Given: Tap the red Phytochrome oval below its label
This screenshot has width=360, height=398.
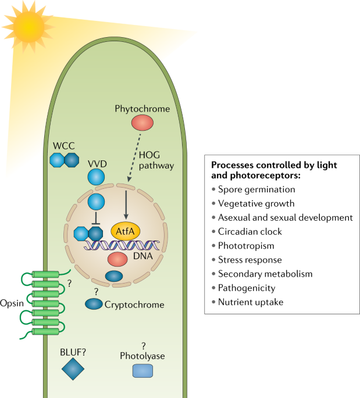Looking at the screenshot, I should tap(142, 123).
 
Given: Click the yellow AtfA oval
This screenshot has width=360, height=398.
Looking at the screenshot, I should tap(126, 231).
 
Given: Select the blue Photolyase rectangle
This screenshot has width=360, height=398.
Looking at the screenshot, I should tap(143, 370).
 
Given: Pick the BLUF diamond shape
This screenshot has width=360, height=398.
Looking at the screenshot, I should tap(73, 369).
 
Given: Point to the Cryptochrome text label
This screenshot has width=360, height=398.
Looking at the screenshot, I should tap(134, 304).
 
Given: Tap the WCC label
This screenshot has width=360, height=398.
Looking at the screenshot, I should tap(63, 145).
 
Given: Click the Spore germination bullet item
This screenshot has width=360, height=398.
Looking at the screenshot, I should tap(257, 189).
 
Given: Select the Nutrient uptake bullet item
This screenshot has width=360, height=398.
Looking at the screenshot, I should tap(251, 302).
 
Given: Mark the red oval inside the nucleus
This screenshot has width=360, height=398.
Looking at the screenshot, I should tap(117, 259).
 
